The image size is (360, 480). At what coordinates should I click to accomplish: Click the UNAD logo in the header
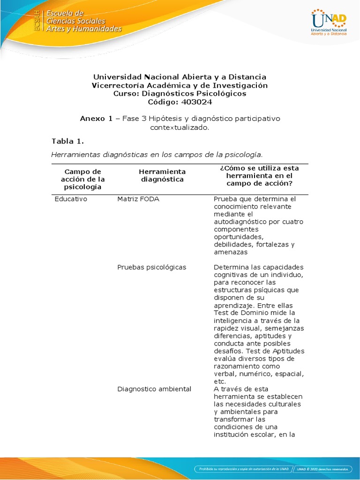pyautogui.click(x=329, y=22)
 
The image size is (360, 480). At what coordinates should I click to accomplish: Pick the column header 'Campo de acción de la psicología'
pyautogui.click(x=82, y=179)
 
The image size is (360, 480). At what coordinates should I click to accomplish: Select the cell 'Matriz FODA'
pyautogui.click(x=138, y=199)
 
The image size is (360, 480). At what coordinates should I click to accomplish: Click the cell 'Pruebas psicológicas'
pyautogui.click(x=151, y=267)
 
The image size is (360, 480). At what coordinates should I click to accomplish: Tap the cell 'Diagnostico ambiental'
pyautogui.click(x=154, y=389)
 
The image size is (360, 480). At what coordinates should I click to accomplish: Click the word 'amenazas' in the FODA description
pyautogui.click(x=230, y=252)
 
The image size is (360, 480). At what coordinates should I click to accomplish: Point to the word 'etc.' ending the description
pyautogui.click(x=220, y=382)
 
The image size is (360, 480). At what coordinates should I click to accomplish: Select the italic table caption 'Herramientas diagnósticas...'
pyautogui.click(x=157, y=154)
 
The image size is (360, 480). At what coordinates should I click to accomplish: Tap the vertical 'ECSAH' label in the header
pyautogui.click(x=38, y=21)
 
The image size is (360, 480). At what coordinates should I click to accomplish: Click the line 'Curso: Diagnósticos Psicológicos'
pyautogui.click(x=180, y=93)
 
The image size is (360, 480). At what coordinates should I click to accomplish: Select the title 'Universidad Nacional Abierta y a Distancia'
pyautogui.click(x=180, y=76)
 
